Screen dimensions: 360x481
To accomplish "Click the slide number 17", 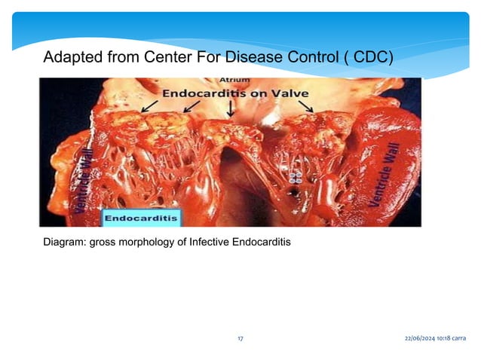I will [x=240, y=340].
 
